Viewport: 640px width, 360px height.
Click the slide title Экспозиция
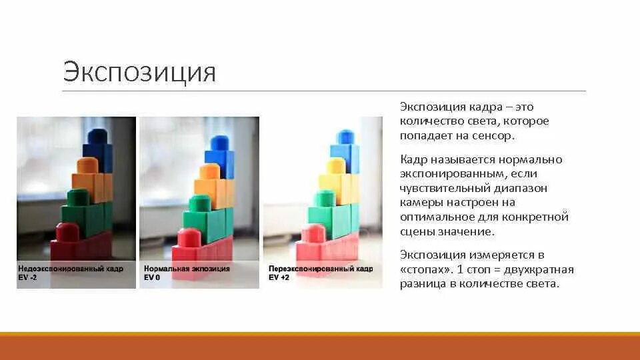coord(139,72)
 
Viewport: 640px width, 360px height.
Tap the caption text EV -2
coord(27,276)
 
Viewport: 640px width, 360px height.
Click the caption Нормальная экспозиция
coord(187,268)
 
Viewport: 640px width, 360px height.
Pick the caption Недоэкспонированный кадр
coord(70,268)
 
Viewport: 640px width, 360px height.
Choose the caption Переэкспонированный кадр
coord(321,268)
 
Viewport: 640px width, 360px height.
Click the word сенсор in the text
coord(495,135)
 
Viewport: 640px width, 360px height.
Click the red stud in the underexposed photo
coord(67,232)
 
